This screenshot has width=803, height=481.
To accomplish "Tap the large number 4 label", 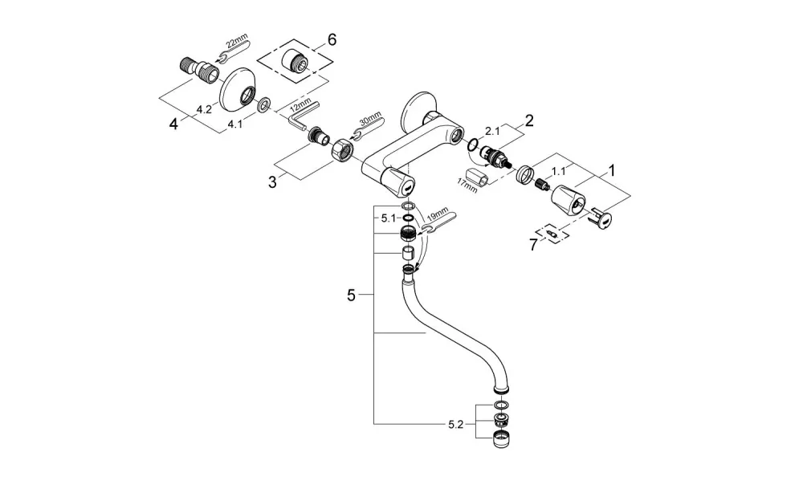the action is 173,124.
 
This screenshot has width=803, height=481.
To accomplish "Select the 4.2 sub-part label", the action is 204,109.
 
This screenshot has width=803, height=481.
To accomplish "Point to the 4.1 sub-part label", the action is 235,124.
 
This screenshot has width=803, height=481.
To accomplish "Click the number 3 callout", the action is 272,181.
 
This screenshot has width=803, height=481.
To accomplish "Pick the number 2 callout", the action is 529,120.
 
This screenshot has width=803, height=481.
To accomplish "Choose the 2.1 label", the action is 492,131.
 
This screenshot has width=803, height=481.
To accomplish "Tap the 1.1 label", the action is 558,172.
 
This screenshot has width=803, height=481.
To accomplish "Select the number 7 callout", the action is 533,245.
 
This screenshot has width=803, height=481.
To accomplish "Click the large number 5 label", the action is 351,295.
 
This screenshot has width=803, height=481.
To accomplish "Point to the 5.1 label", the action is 388,218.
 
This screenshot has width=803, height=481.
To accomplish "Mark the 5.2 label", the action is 455,424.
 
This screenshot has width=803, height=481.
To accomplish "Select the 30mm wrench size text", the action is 370,122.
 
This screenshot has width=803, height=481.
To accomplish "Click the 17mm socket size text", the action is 467,185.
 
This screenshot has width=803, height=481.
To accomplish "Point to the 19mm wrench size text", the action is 436,214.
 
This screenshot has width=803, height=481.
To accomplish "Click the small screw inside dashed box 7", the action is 552,234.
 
